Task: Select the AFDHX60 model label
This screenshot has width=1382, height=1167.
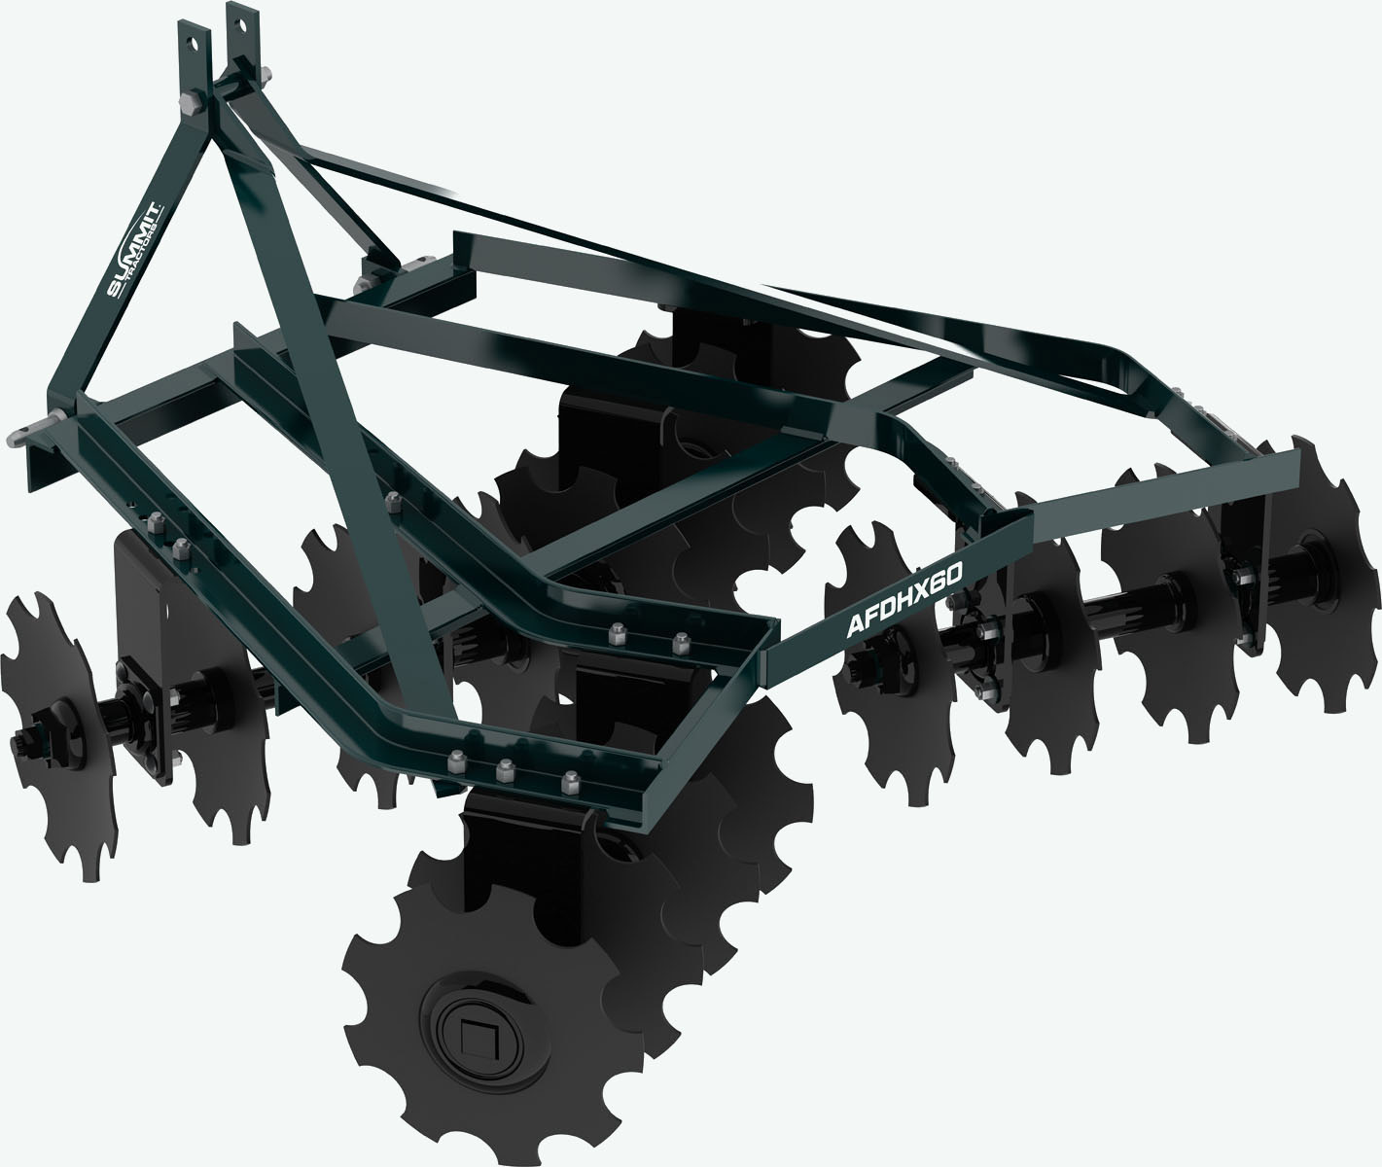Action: pyautogui.click(x=904, y=602)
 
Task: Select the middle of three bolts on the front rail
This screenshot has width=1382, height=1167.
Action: pyautogui.click(x=504, y=768)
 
